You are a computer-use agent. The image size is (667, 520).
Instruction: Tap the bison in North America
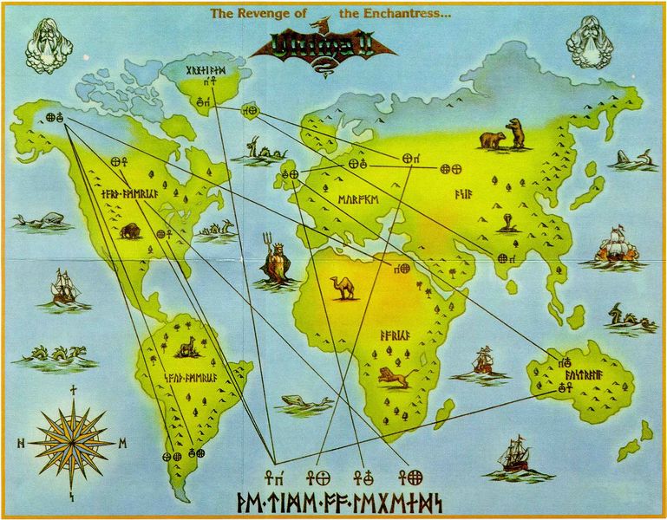pyautogui.click(x=130, y=231)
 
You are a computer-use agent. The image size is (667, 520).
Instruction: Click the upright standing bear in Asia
pyautogui.click(x=516, y=133)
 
